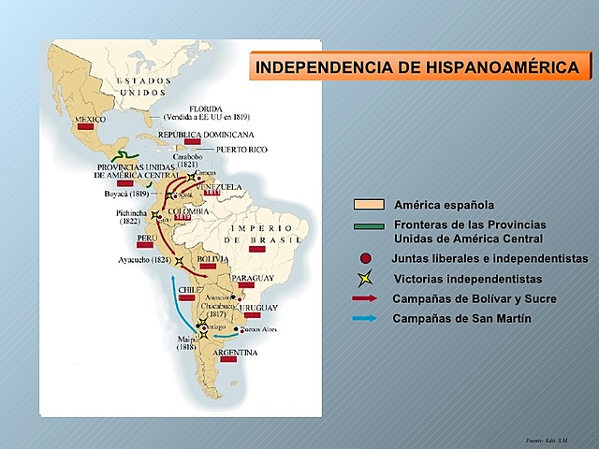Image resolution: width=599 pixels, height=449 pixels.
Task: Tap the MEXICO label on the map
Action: [90, 119]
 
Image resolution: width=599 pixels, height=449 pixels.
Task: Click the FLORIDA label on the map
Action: [206, 108]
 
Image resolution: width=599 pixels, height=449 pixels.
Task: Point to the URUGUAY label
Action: [257, 308]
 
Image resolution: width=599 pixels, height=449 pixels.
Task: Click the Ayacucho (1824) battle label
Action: [144, 259]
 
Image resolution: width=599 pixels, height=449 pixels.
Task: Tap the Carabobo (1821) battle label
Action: [193, 161]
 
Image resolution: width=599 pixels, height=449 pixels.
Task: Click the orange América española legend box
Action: [369, 205]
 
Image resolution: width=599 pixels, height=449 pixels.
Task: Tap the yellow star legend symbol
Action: [365, 279]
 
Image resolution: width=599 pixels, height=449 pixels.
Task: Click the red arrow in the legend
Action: [365, 298]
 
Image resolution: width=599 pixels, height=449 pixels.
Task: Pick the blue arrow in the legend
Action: [365, 318]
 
